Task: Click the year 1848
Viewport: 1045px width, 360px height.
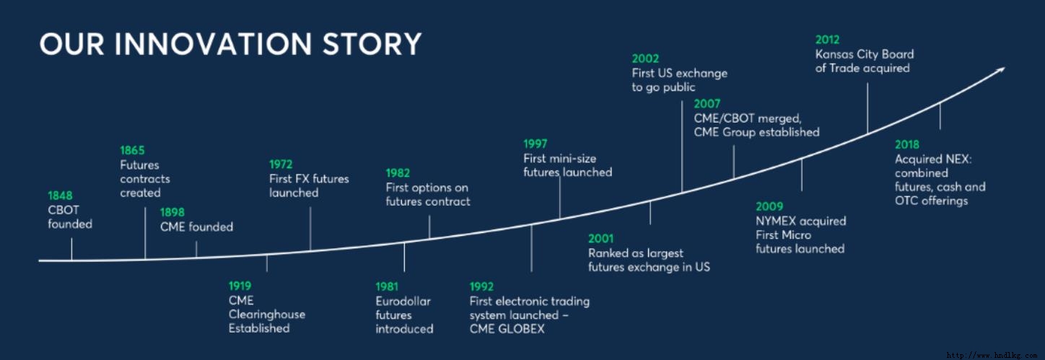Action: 60,196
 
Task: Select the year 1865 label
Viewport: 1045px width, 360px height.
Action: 133,150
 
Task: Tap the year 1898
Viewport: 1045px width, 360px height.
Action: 172,212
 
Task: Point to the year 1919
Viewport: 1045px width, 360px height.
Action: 240,286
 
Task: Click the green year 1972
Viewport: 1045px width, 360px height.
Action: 281,164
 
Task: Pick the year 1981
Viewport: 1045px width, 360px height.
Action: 388,286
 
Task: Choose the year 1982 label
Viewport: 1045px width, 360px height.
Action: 398,173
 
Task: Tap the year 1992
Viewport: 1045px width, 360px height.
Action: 481,286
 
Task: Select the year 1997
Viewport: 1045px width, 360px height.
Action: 535,144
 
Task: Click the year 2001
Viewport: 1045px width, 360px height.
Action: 601,238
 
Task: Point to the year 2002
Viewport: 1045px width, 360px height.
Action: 645,58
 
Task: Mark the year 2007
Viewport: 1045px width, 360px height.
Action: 707,103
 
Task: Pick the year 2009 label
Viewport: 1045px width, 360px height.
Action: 769,206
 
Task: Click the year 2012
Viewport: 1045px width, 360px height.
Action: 827,40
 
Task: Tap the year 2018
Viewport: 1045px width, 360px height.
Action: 907,144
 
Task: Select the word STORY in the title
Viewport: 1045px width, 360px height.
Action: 372,44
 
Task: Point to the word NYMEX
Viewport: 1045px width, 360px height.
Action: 775,221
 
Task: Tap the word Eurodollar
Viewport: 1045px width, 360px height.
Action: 403,301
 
